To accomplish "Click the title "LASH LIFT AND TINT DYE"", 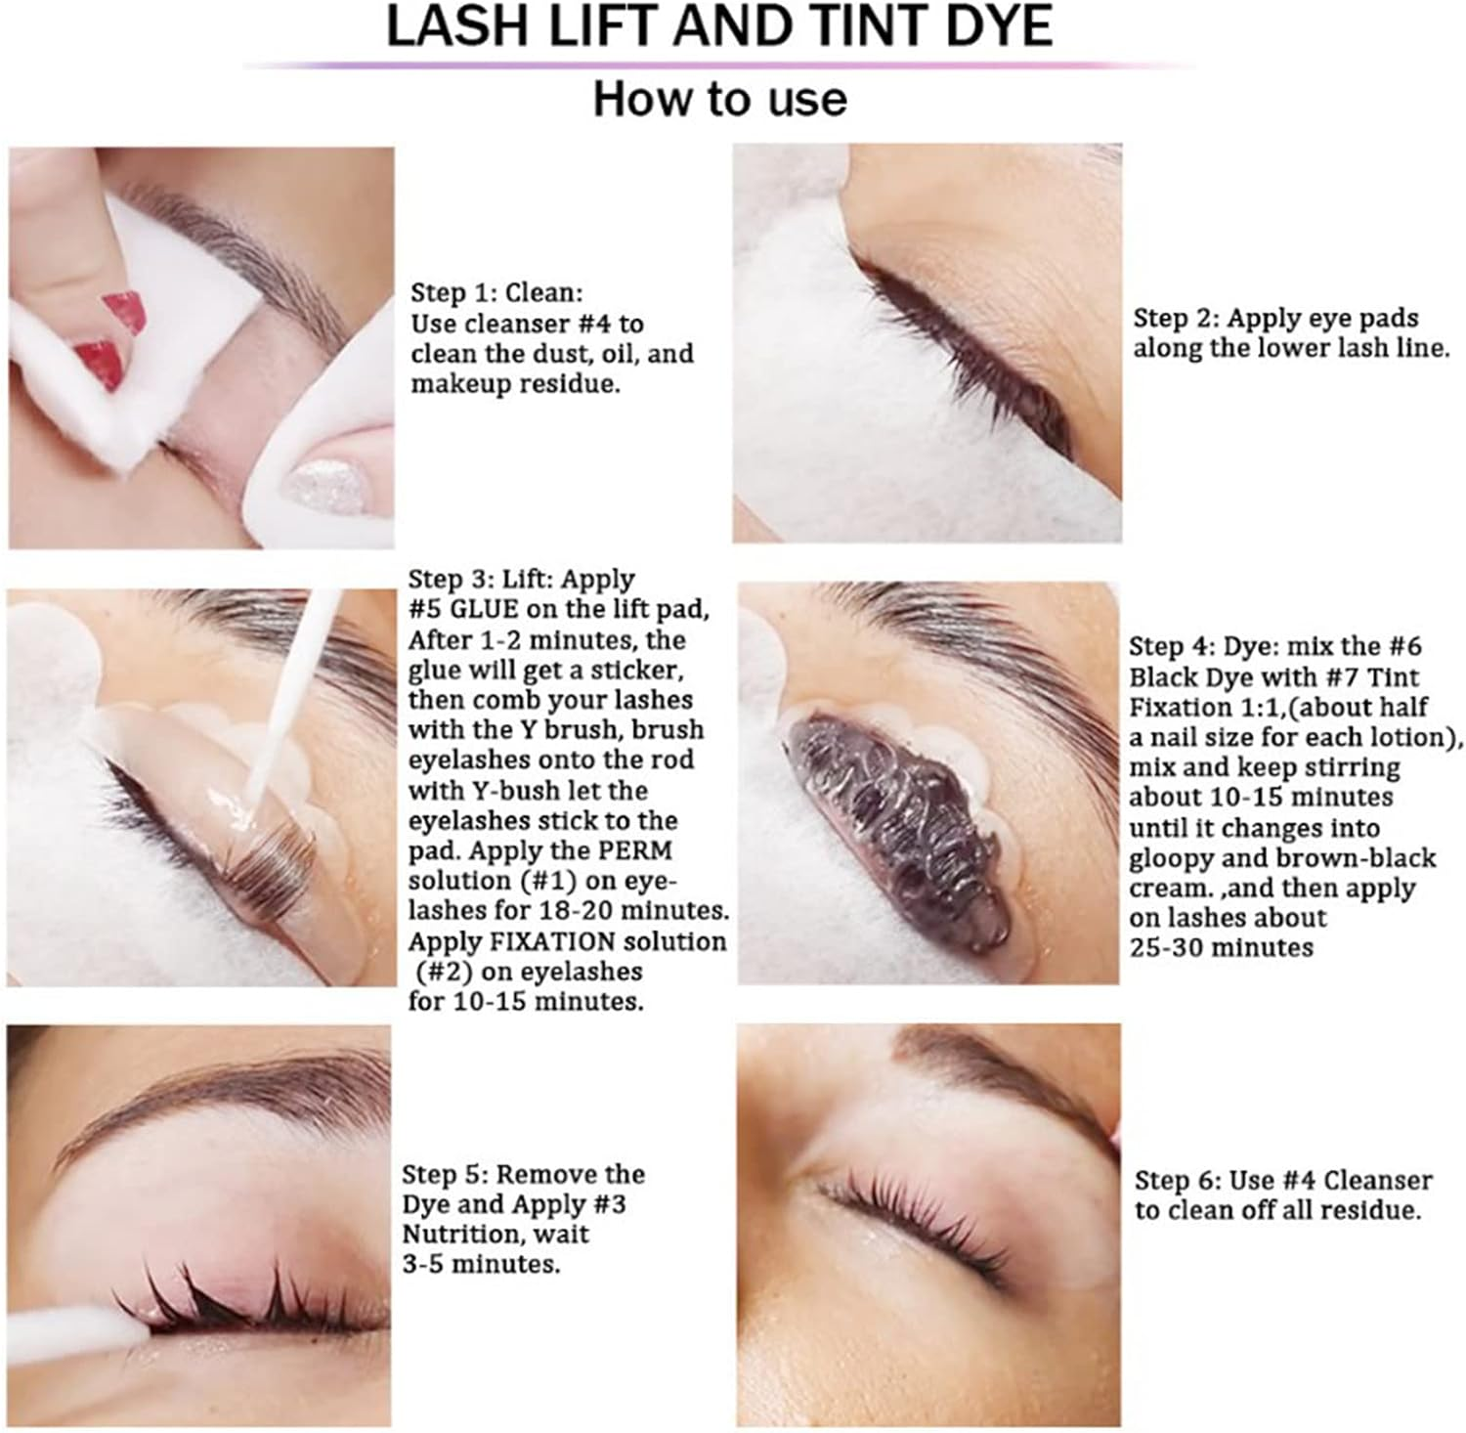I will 719,27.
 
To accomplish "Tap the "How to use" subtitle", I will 719,100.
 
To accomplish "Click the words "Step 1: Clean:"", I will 496,292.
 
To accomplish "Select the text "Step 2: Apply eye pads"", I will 1274,318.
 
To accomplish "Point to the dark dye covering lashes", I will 899,831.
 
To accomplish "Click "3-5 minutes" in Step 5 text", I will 480,1264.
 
